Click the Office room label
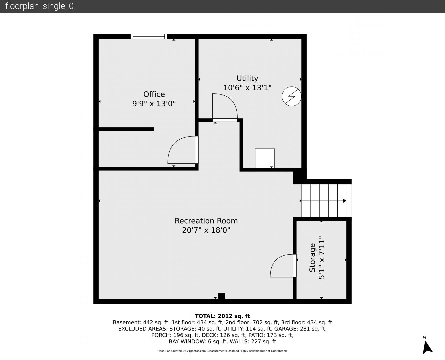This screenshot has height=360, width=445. pyautogui.click(x=154, y=94)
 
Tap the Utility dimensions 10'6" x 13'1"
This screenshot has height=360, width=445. pyautogui.click(x=247, y=88)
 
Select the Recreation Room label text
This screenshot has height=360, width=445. pyautogui.click(x=206, y=221)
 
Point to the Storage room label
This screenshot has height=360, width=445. pyautogui.click(x=312, y=258)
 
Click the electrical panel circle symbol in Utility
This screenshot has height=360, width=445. pyautogui.click(x=291, y=96)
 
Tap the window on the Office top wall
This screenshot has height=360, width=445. pyautogui.click(x=149, y=36)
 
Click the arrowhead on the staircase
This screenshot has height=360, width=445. pyautogui.click(x=345, y=201)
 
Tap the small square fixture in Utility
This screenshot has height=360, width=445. pyautogui.click(x=265, y=158)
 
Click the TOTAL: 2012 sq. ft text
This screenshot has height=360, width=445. pyautogui.click(x=222, y=316)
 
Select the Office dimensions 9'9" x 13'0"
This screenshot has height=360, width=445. pyautogui.click(x=154, y=104)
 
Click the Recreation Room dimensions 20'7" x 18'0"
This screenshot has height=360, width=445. pyautogui.click(x=206, y=230)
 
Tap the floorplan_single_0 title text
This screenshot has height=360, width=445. pyautogui.click(x=39, y=6)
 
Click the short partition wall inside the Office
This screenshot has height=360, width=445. pyautogui.click(x=126, y=129)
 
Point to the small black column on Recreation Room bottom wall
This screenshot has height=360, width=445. pyautogui.click(x=222, y=296)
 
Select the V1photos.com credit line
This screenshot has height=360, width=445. pyautogui.click(x=222, y=351)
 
